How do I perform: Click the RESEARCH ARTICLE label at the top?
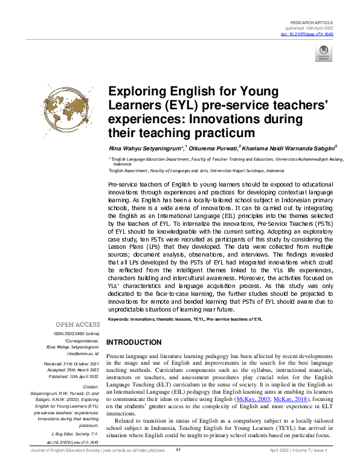coord(312,21)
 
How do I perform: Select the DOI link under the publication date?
coord(313,34)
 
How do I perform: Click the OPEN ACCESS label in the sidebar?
coord(78,324)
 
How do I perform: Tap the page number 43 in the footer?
coord(178,466)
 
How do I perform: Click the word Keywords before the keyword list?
coord(121,318)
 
